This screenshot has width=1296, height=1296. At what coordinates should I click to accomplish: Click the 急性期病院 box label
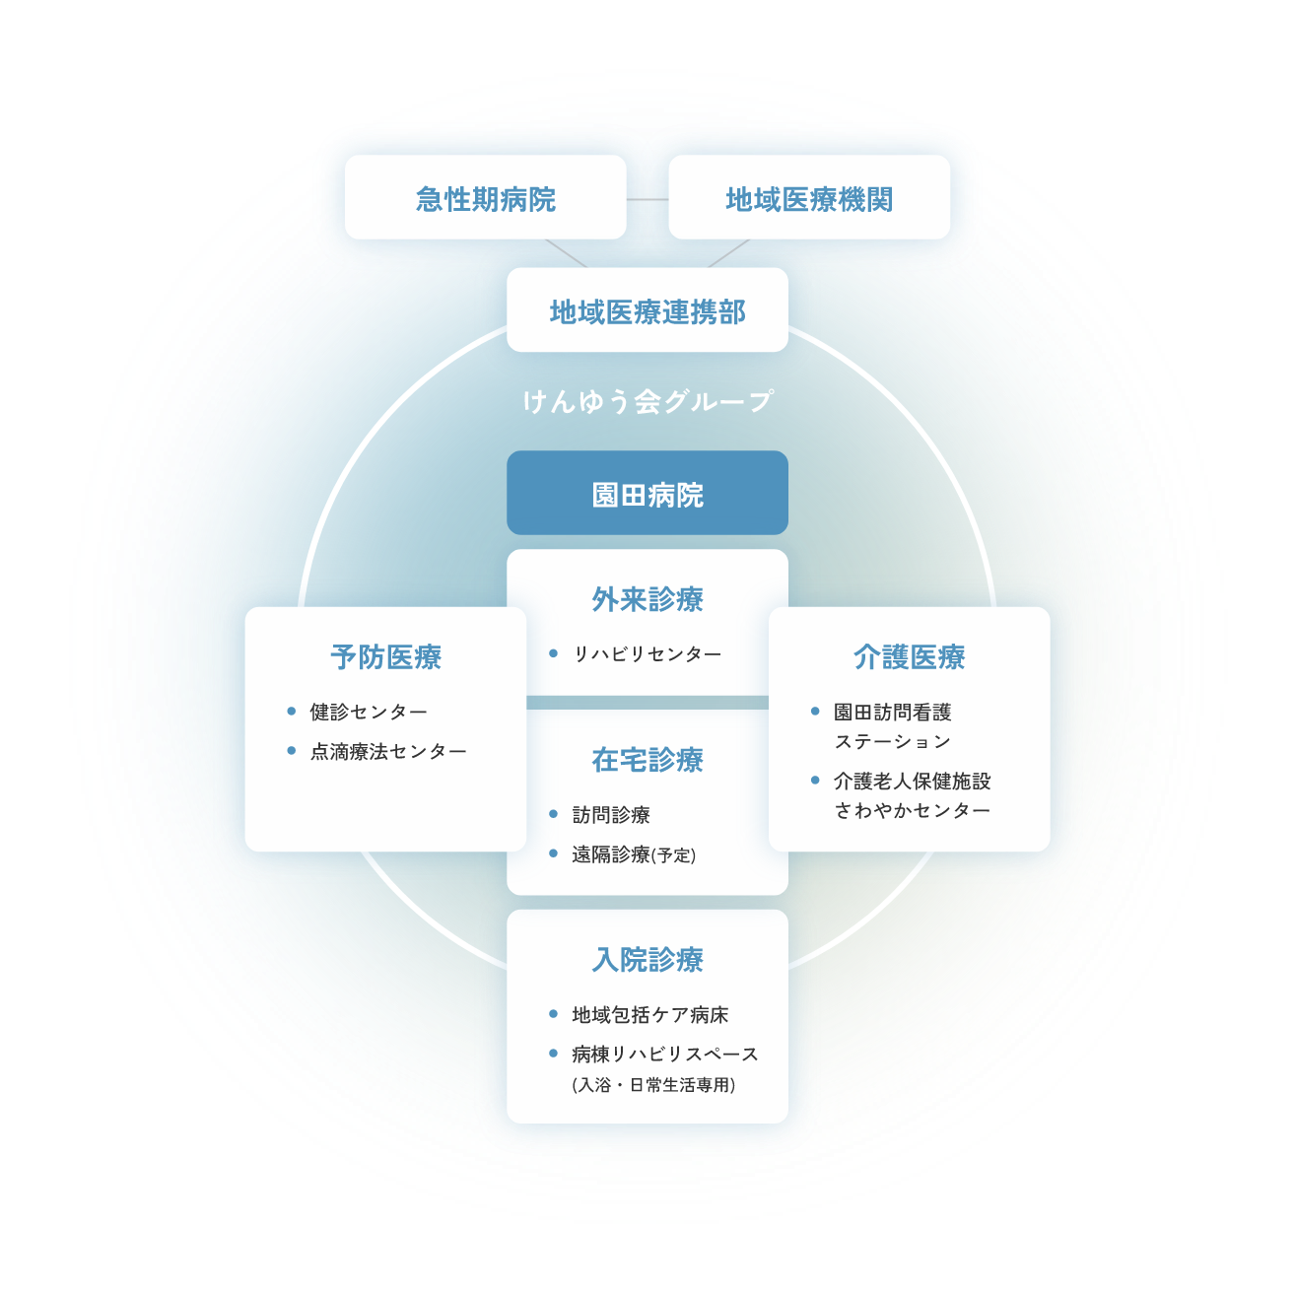(486, 199)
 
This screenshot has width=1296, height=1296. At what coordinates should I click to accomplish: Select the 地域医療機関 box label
(809, 199)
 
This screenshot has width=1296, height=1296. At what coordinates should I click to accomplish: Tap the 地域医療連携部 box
(647, 310)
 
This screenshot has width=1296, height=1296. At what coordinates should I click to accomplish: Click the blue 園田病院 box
(647, 493)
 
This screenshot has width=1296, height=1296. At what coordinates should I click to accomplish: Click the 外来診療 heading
(647, 598)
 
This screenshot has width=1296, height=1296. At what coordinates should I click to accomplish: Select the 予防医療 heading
(385, 656)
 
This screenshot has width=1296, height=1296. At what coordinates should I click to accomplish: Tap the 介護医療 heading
(910, 656)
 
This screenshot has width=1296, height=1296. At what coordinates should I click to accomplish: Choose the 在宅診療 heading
(647, 759)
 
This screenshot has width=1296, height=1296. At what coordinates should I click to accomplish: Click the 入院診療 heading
(647, 959)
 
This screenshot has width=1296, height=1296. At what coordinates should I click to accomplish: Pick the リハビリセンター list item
(647, 653)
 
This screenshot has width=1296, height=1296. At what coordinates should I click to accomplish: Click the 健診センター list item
(368, 712)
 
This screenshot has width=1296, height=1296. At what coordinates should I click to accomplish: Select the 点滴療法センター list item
(388, 751)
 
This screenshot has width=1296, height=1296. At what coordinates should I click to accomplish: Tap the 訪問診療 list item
(611, 814)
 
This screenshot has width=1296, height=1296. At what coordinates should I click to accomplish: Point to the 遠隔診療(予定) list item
(634, 854)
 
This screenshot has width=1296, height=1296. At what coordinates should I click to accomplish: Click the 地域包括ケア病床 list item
(649, 1015)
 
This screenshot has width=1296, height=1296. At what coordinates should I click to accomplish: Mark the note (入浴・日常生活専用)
(653, 1085)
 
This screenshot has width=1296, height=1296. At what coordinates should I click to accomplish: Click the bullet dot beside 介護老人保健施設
(815, 781)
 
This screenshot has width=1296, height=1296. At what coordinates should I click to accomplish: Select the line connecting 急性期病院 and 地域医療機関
(647, 199)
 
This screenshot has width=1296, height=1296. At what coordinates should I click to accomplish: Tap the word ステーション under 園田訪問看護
(893, 742)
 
